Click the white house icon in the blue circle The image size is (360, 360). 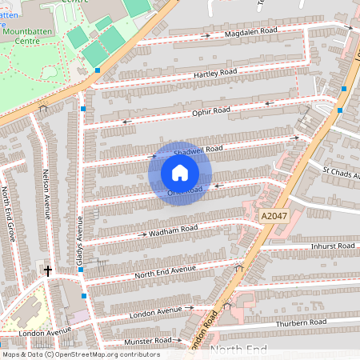click(180, 173)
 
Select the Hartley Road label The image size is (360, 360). click(215, 73)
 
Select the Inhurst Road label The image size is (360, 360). click(332, 246)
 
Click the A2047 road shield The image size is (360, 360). click(273, 216)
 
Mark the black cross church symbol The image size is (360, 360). click(47, 271)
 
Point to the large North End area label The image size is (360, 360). click(237, 350)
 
